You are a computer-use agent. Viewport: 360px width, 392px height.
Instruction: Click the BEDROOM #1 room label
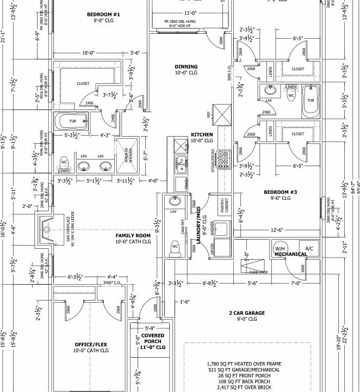103,14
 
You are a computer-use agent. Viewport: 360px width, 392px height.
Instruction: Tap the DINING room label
186,67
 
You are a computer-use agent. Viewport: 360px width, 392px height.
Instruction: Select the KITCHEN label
201,134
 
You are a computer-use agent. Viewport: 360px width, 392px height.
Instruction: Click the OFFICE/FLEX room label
91,345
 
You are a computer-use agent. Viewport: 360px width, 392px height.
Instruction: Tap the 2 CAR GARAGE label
246,313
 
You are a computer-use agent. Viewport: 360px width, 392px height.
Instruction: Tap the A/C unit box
309,249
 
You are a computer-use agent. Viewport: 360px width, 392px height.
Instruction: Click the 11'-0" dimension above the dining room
190,13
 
